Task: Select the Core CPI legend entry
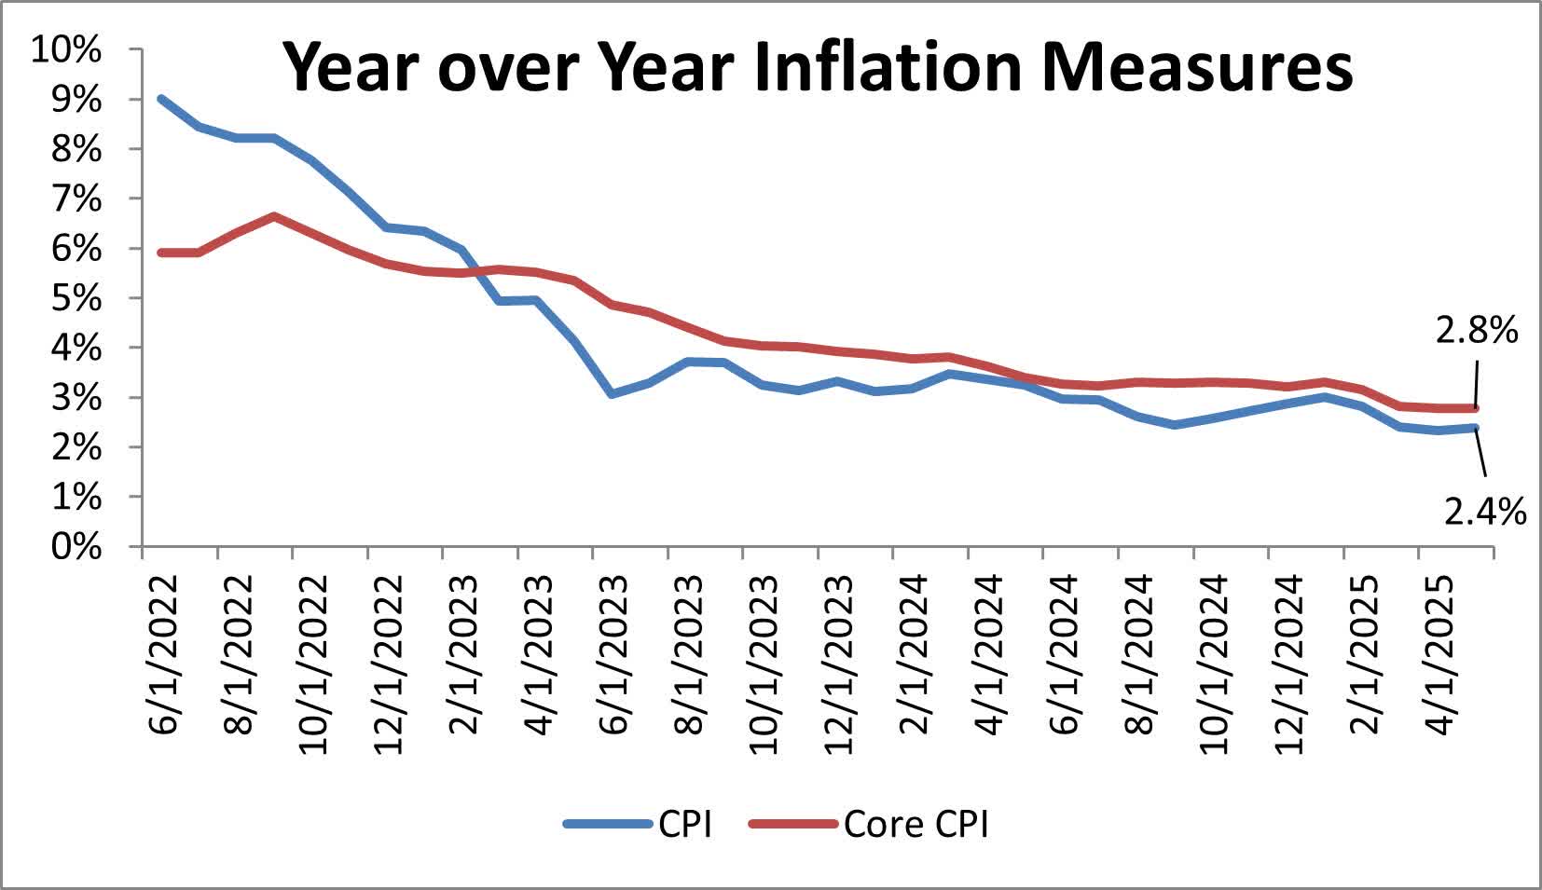(x=915, y=824)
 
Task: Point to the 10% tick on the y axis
(x=66, y=49)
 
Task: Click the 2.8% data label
(x=1476, y=330)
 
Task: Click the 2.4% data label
(x=1484, y=511)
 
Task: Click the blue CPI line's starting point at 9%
(x=161, y=99)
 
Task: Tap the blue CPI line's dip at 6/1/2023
(x=612, y=394)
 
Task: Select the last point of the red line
(x=1475, y=408)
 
